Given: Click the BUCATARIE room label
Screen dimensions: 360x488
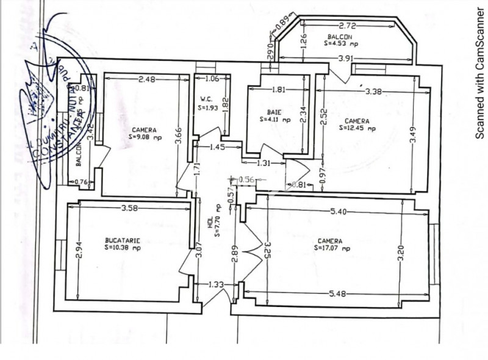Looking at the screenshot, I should [x=122, y=240].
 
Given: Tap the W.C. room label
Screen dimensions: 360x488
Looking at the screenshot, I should [x=205, y=99].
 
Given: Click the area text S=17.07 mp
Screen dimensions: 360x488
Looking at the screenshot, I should [x=333, y=248].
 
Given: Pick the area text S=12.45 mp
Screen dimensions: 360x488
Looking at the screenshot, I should [x=357, y=128].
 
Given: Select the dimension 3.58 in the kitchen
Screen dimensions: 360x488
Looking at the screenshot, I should [x=131, y=209].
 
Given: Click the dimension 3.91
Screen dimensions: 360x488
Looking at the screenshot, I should [x=346, y=58].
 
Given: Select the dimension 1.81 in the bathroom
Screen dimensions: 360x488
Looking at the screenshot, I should [x=278, y=90].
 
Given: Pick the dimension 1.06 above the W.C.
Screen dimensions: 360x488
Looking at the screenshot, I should [x=212, y=78].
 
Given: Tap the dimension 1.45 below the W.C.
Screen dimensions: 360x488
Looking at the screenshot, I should [x=218, y=148].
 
